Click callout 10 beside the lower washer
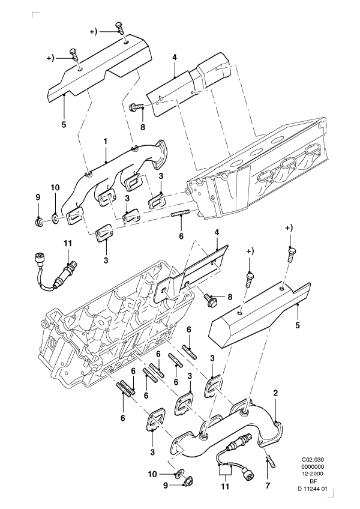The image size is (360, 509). click(x=153, y=474)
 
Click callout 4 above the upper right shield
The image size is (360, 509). click(x=174, y=58)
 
